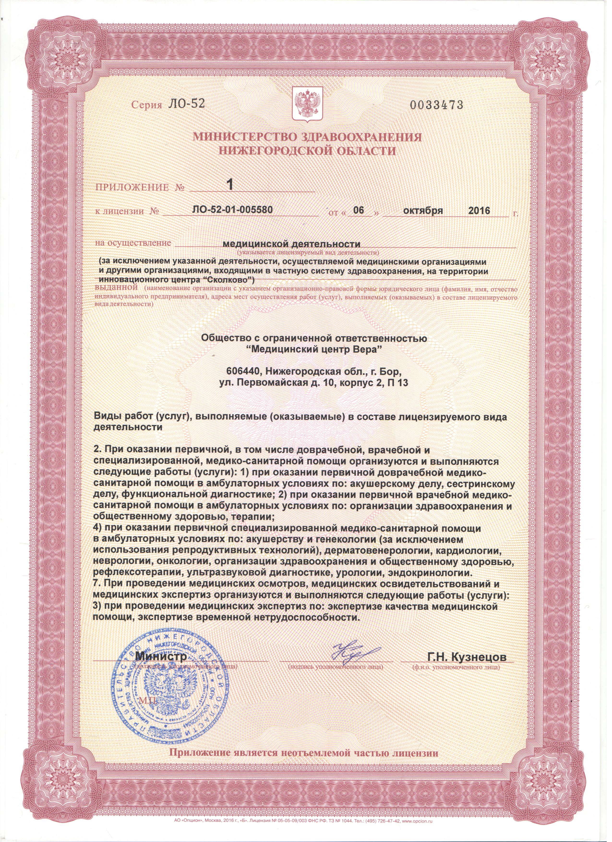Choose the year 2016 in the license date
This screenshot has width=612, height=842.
[x=479, y=210]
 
